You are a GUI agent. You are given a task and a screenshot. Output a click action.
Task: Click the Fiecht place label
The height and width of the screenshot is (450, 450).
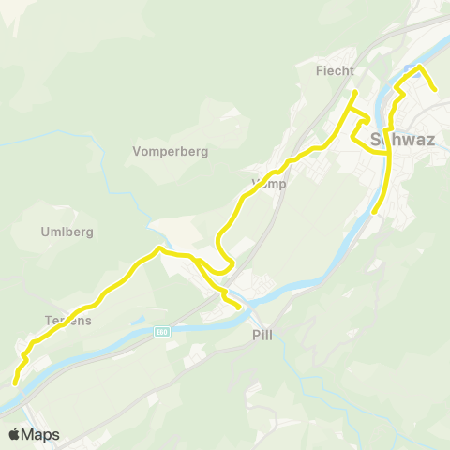coord(335,70)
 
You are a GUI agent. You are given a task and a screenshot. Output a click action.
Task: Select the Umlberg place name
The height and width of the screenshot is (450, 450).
coord(67,232)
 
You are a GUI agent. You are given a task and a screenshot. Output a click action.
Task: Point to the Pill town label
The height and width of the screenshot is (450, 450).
coord(262,335)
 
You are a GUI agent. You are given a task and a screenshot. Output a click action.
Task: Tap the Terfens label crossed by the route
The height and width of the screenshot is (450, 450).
coord(67,320)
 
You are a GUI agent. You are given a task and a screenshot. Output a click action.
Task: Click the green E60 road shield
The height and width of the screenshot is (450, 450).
coord(162,331)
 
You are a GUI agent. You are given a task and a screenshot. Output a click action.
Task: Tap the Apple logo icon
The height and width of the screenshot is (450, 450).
coord(14,434)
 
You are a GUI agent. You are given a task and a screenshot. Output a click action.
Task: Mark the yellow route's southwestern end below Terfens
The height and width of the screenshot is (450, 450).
coord(14,382)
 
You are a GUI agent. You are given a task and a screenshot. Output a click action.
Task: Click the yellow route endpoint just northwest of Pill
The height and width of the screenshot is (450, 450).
coord(239,307)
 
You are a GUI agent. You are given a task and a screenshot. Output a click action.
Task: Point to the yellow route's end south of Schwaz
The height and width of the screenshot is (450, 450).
coord(374,213)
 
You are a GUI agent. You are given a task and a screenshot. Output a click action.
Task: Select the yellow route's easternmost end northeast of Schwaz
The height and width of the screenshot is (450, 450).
coord(435,91)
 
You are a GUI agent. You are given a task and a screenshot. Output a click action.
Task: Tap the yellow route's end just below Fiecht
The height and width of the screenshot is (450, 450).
coord(353,92)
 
